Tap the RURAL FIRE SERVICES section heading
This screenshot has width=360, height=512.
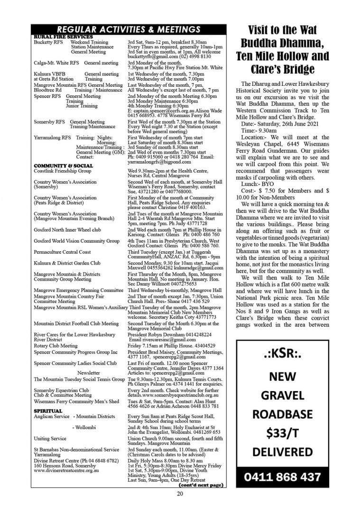pos(63,37)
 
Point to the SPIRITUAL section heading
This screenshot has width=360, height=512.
pos(48,411)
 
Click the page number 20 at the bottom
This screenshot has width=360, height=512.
pos(180,494)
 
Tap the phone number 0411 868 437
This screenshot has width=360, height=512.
pos(282,476)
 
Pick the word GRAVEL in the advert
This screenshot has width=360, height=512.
pos(282,395)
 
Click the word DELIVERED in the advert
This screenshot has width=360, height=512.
pos(282,451)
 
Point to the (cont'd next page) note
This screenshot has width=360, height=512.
pos(200,485)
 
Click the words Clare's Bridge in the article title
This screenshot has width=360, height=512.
pos(282,70)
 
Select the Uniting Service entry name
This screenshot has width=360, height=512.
pos(50,439)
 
